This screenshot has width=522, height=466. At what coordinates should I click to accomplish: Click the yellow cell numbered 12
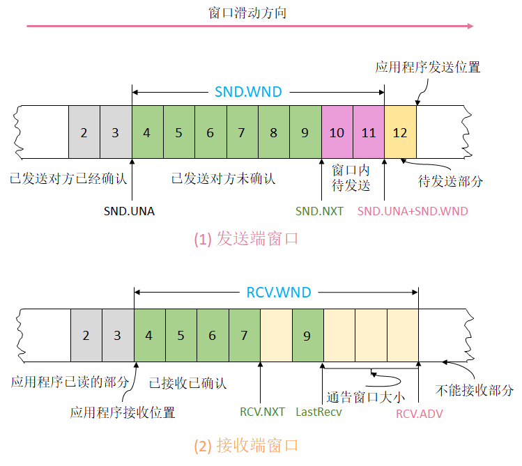pos(400,132)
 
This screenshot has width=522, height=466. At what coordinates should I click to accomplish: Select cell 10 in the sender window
pos(337,132)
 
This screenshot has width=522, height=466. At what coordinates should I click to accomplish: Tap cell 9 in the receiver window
pos(307,336)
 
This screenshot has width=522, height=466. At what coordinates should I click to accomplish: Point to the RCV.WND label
pos(279,291)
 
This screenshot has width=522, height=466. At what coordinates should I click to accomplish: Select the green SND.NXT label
pos(319,210)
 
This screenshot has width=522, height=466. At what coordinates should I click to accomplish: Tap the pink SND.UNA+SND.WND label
pos(413,210)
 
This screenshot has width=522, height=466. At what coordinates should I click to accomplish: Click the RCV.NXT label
pos(262,412)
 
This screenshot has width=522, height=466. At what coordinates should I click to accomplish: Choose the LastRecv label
pos(318,412)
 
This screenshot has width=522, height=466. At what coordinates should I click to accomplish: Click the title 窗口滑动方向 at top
pos(247,13)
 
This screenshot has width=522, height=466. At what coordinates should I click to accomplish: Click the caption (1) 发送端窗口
pos(245,239)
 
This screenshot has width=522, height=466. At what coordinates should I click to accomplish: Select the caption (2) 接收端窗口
pos(245,444)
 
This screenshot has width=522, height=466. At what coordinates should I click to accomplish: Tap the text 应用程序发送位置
pos(427,68)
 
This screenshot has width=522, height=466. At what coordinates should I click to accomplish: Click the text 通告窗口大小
pos(365,398)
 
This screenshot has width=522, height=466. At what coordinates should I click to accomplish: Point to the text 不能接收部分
pos(475,389)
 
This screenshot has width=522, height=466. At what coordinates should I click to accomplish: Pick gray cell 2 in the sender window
pos(84,132)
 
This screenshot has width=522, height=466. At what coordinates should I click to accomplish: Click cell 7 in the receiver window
pos(244,336)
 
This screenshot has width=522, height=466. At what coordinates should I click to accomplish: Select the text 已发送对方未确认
pos(223,178)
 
